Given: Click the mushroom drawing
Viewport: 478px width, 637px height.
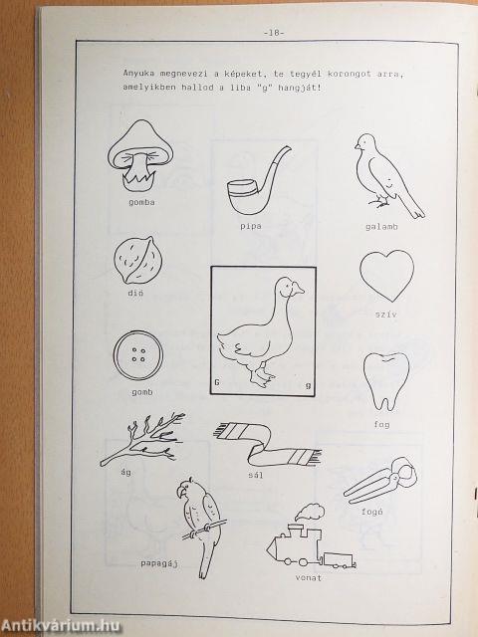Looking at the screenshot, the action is pos(140,155).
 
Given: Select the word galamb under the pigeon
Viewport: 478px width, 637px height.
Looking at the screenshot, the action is pos(381,227).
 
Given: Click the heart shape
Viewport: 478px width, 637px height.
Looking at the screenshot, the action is pos(387,276).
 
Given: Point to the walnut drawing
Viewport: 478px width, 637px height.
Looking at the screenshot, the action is pos(137,260).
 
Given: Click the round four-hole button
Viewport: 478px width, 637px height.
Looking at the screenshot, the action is pos(138,355).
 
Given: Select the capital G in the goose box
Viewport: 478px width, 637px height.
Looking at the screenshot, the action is pos(217,382).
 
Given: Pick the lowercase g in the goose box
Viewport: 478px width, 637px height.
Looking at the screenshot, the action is pos(308,385).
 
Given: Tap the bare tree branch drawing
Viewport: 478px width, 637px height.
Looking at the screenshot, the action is pos(142,439).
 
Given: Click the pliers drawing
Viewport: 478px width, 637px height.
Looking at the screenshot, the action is pos(380,481).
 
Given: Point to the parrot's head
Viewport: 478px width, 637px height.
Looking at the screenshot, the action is pos(186,488).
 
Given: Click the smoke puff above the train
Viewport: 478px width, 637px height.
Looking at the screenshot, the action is pos(310,512).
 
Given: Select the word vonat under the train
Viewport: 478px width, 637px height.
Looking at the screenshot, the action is pos(308,577).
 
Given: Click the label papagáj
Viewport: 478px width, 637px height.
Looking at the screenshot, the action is pos(159,563).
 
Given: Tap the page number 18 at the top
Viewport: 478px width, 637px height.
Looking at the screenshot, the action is pos(274,33).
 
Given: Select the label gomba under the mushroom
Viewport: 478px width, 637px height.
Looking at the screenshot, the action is pos(141,202).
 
